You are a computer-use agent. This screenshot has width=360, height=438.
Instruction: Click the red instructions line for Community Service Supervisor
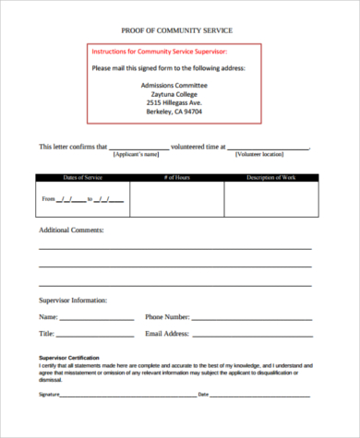(x=159, y=52)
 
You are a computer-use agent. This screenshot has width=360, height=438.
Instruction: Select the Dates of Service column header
(x=82, y=176)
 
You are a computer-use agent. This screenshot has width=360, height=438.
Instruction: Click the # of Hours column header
(x=176, y=176)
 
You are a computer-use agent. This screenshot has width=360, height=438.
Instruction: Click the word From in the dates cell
(x=48, y=199)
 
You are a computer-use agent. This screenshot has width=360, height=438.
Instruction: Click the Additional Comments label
(x=71, y=230)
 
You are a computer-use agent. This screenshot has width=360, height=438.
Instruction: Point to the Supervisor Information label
(x=75, y=301)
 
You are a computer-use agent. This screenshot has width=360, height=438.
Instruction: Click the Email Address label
(x=167, y=333)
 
